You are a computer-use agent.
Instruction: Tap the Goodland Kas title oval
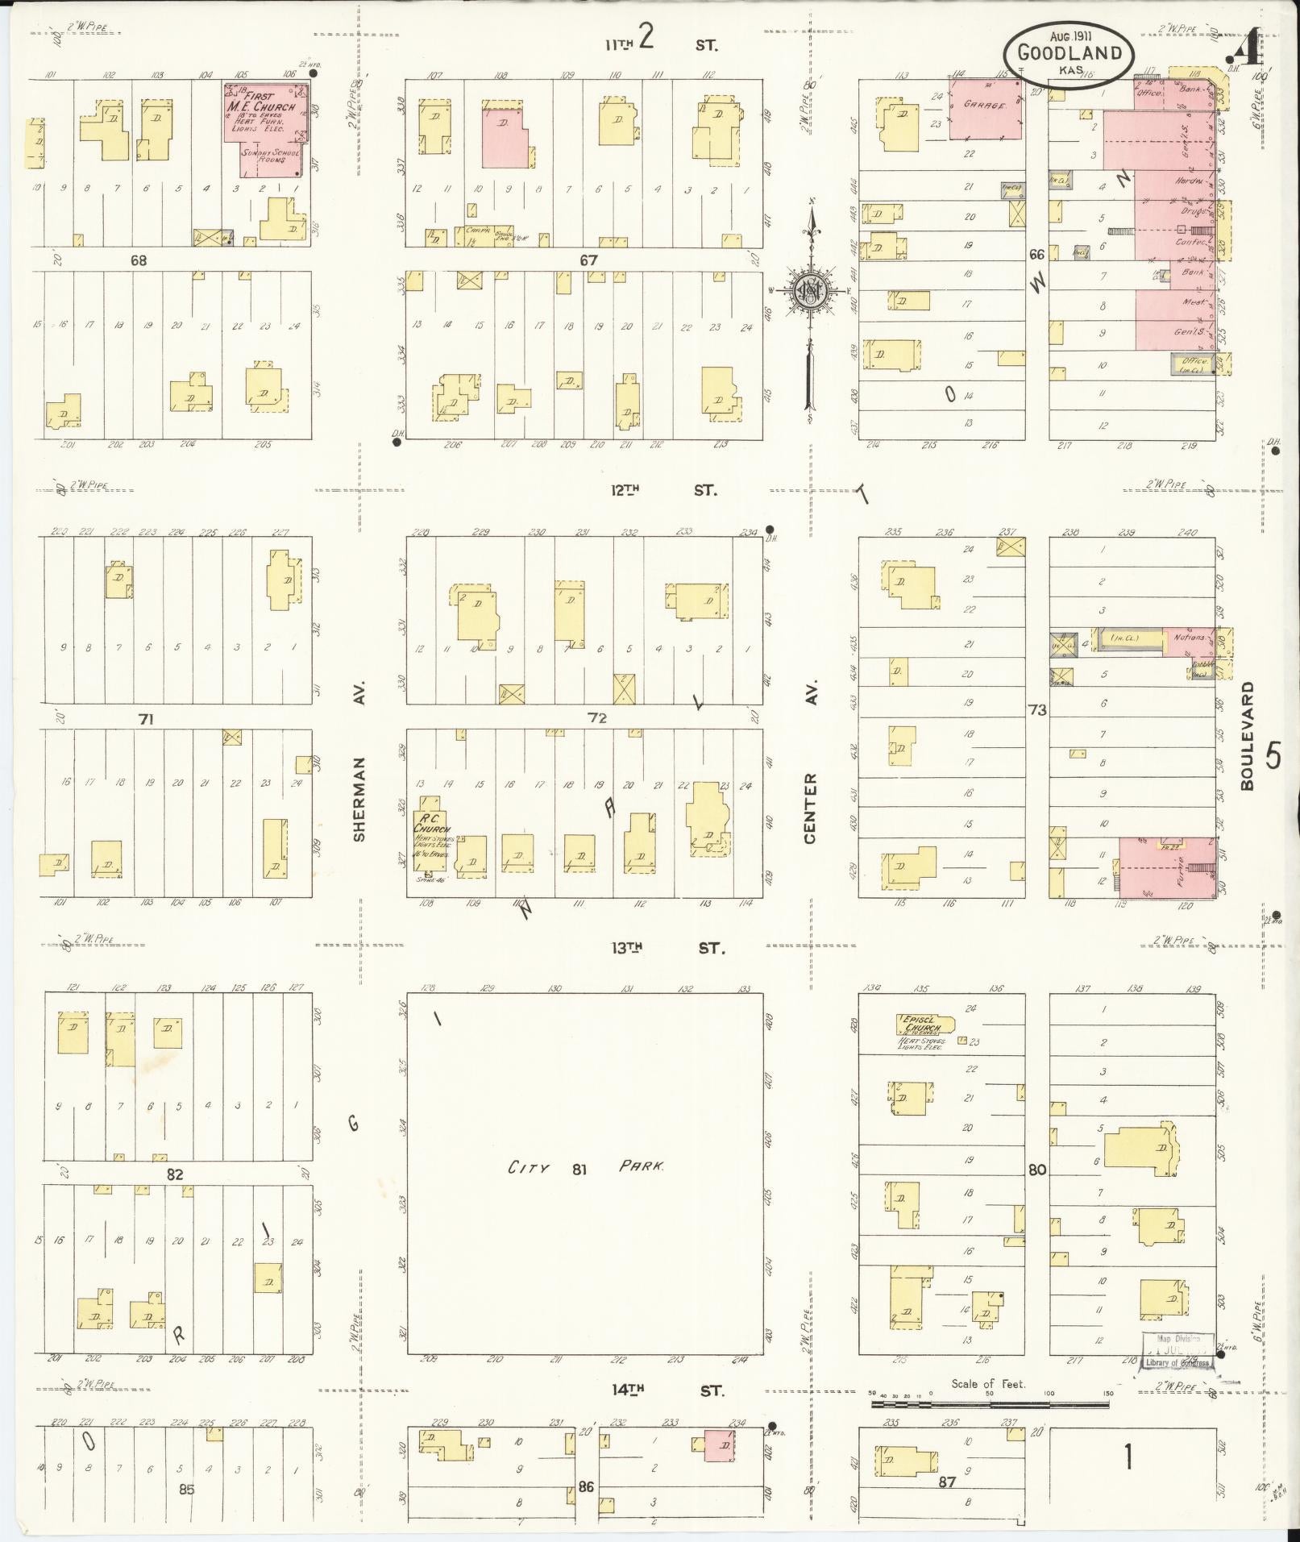pyautogui.click(x=1069, y=52)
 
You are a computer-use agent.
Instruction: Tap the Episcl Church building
pyautogui.click(x=925, y=1025)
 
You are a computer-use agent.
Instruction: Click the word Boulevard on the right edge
pyautogui.click(x=1248, y=736)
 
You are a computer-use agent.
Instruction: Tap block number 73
pyautogui.click(x=1036, y=709)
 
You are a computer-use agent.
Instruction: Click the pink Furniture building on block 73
pyautogui.click(x=1167, y=868)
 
